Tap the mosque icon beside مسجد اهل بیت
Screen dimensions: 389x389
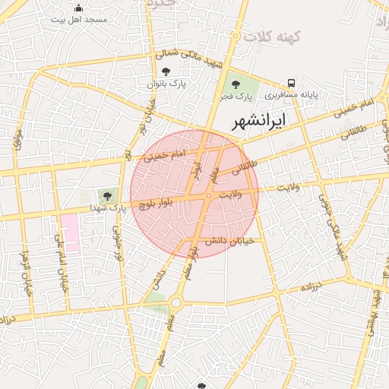pos(79,8)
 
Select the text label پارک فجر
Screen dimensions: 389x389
pos(236,96)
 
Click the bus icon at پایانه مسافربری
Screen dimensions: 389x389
pos(291,84)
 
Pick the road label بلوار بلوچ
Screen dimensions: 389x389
pos(157,203)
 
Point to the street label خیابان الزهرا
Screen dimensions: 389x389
pos(27,270)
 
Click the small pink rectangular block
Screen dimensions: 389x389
pos(71,233)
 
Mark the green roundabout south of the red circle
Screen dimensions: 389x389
pos(176,302)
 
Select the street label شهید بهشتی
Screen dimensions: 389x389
pos(375,312)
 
